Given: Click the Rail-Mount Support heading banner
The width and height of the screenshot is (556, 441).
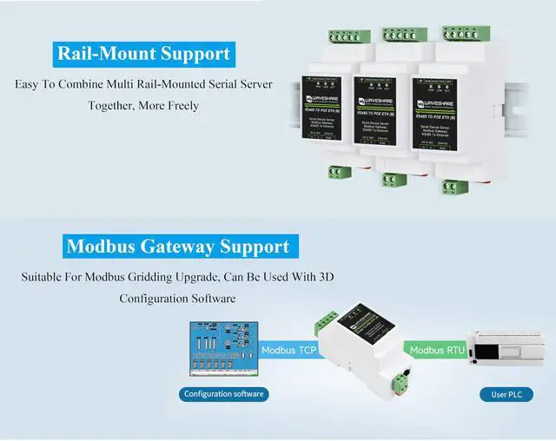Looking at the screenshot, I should point(143,53).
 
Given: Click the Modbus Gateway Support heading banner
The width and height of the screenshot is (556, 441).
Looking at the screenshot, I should point(177,247).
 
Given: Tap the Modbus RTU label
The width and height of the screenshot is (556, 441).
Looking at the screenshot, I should point(436,351).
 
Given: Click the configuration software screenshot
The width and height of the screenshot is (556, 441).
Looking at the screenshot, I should point(223,351).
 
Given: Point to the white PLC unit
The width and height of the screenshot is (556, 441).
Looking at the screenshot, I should point(507,351).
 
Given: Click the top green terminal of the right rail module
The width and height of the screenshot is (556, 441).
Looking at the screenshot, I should point(460,33).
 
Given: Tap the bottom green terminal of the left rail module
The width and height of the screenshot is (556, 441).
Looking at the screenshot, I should point(338,171).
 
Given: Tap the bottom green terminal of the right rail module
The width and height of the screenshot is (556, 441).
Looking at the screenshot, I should point(453,186).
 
